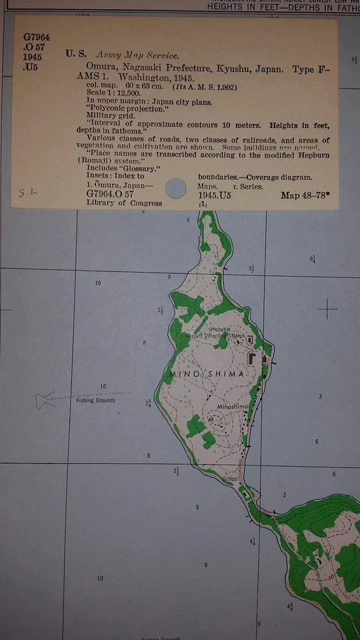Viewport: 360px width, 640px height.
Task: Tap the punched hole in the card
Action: pos(176,188)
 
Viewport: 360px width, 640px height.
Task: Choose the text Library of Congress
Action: pos(124,203)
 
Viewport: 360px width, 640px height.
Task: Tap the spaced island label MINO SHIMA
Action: pos(208,374)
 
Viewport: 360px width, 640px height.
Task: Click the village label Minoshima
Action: pos(231,406)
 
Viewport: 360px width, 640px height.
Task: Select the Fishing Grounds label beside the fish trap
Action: pos(95,401)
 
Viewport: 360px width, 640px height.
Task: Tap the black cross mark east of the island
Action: pos(327,309)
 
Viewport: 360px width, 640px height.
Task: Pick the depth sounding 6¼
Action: pos(313,258)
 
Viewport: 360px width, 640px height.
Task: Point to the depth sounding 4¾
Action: pos(290,606)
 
